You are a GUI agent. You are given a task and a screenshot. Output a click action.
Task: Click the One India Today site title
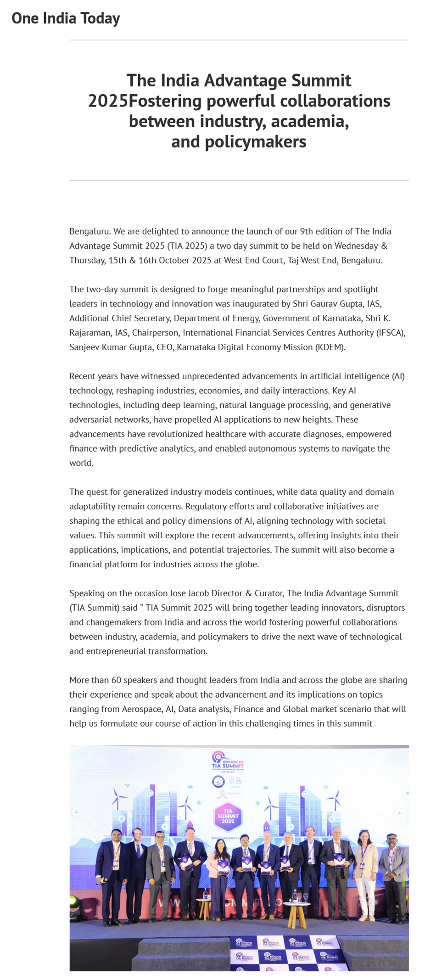66,18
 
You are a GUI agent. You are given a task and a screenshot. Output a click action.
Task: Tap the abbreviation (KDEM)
330,347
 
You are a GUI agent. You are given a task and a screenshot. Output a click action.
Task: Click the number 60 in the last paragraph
116,680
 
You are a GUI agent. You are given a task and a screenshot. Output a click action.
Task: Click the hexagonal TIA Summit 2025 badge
228,816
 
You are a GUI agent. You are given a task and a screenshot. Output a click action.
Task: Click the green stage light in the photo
73,901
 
